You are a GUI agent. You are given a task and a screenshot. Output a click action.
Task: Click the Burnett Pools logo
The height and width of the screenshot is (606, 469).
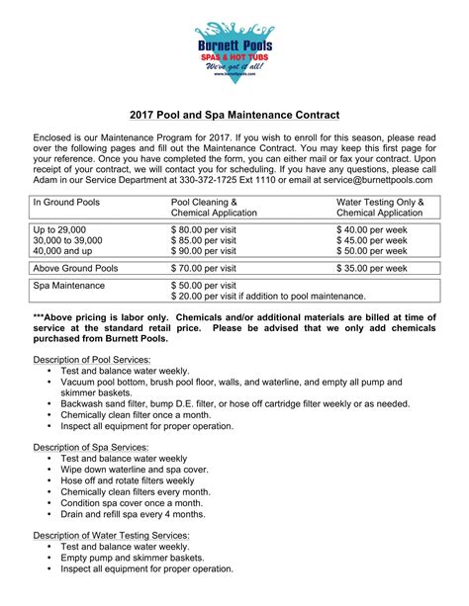pos(234,49)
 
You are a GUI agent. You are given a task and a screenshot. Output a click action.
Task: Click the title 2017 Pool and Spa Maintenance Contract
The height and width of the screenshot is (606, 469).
pos(234,116)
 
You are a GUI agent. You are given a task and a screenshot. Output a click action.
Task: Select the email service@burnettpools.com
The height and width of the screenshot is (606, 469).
pos(375,179)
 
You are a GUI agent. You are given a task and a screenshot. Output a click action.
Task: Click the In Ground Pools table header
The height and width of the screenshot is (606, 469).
pos(67,203)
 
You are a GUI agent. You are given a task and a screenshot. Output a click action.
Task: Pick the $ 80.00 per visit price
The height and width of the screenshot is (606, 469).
pos(204,229)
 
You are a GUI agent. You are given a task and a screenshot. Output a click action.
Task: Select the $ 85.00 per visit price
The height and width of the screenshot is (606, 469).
pos(204,241)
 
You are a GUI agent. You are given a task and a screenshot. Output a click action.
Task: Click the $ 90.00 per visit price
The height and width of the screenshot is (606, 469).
pos(204,253)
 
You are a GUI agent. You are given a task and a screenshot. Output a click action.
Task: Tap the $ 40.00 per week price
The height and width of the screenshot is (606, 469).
pos(371,229)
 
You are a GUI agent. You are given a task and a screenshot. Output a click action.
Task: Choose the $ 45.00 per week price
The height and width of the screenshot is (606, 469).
pos(371,241)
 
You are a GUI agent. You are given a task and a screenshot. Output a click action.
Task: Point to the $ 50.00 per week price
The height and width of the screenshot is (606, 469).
pos(371,253)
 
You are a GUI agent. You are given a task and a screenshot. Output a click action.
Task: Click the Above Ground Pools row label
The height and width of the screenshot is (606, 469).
pos(77,268)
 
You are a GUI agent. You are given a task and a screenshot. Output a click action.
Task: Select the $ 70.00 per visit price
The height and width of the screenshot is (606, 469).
pos(204,268)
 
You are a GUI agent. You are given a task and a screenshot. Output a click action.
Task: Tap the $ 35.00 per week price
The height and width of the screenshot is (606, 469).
pos(371,268)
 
